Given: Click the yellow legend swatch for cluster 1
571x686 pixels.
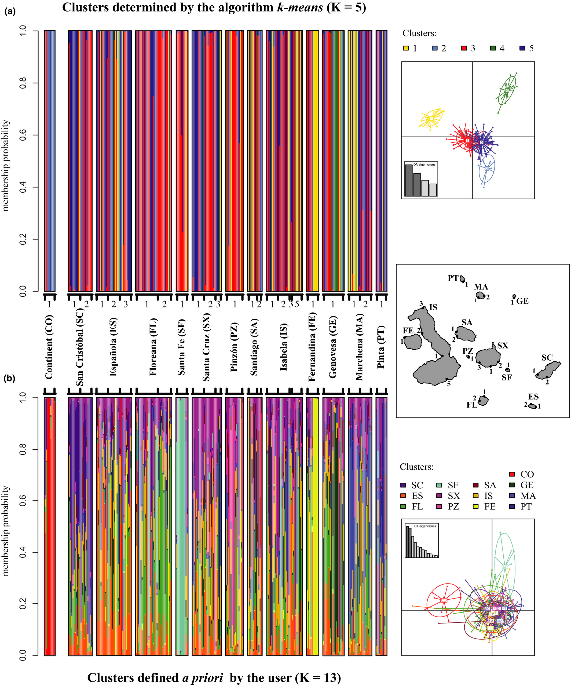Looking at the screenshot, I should [406, 48].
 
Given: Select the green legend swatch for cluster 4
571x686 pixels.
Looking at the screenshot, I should [493, 48].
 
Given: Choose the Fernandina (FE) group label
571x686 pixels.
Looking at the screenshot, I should [312, 347].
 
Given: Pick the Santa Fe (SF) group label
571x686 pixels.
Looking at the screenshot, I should [182, 347].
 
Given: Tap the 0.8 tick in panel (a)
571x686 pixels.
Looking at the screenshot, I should [23, 83].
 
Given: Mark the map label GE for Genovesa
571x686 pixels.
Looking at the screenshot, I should [523, 301].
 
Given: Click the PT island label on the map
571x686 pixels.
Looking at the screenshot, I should [453, 278].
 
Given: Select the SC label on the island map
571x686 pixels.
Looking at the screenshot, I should [547, 358].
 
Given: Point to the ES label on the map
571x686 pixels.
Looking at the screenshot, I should [533, 397].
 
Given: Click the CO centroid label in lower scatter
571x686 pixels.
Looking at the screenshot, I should [444, 600].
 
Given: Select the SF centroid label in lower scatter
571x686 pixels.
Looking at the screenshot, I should [505, 566].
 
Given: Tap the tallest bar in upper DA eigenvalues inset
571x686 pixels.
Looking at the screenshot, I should [409, 180].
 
